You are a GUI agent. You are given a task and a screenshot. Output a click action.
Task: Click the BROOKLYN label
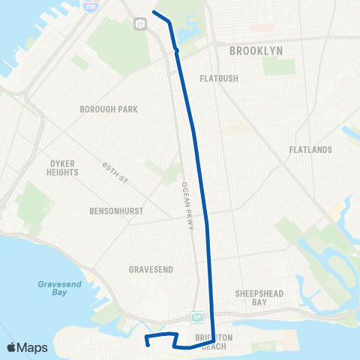click(256, 50)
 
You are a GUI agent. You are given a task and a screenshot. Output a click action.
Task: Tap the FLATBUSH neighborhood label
click(218, 78)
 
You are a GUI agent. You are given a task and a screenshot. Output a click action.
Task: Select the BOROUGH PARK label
click(109, 109)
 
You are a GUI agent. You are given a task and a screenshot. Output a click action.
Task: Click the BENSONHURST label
click(116, 211)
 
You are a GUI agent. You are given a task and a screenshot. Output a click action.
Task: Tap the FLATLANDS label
click(310, 150)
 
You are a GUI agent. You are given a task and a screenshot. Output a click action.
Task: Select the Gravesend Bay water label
click(52, 289)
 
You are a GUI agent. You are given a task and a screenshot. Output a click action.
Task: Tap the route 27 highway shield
click(140, 24)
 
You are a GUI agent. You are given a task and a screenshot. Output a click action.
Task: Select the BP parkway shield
click(196, 316)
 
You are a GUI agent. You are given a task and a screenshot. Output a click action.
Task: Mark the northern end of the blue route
click(154, 12)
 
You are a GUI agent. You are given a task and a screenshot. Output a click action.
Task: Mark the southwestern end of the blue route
click(148, 344)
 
